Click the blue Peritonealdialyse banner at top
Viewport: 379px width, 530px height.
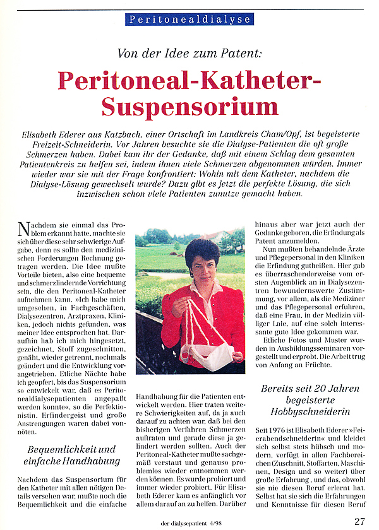[190, 19]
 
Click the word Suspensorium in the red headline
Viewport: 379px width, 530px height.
[190, 106]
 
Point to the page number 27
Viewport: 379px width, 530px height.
[359, 521]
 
